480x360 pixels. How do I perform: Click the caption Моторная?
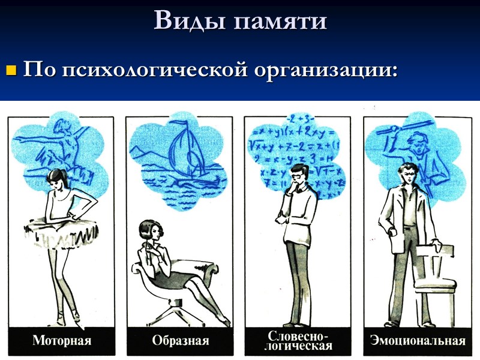point(62,341)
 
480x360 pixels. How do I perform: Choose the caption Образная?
point(181,341)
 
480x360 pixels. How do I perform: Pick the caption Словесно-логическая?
point(299,341)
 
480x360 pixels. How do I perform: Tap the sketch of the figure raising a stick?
point(408,144)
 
